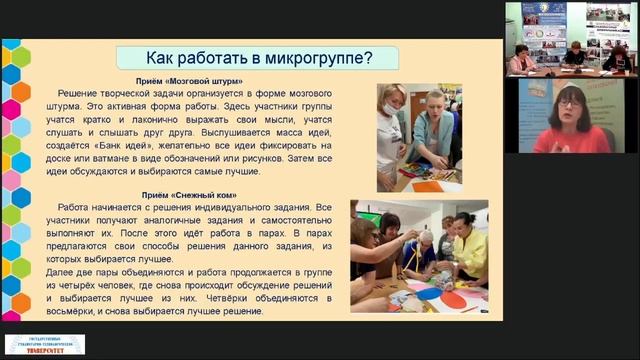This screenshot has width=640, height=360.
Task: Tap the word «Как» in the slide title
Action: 164,57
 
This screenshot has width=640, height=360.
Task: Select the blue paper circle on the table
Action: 427,294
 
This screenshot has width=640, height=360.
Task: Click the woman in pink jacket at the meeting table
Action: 521,59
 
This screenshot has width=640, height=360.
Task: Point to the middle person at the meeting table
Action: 575,55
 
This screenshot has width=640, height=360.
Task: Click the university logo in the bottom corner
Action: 44,344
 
